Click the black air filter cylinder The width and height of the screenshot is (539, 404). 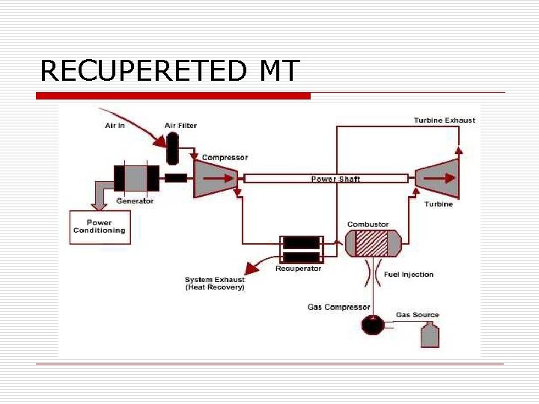coord(172,149)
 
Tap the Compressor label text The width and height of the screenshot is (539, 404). coord(225,157)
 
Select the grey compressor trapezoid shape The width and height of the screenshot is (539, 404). coord(216,179)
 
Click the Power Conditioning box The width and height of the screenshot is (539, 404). coord(100,227)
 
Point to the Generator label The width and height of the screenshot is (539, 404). coord(135,201)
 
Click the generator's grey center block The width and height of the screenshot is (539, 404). coord(135,178)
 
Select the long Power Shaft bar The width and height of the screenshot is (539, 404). coord(326,179)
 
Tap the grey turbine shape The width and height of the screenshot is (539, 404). coord(438,179)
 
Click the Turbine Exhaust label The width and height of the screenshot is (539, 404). coord(445,120)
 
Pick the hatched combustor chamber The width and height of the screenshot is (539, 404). coord(372,244)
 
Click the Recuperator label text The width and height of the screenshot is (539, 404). coord(299,269)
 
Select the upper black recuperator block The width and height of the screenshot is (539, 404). coord(302,243)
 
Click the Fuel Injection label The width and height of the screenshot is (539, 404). coord(409,274)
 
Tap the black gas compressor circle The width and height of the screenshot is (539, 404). coord(373,325)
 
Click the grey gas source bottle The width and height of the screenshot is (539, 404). coord(430,334)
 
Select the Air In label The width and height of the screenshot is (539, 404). coord(115,126)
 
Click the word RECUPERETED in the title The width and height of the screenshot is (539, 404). coord(144,70)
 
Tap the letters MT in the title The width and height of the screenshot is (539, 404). coord(280,70)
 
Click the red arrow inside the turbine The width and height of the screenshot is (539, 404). coord(439,178)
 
